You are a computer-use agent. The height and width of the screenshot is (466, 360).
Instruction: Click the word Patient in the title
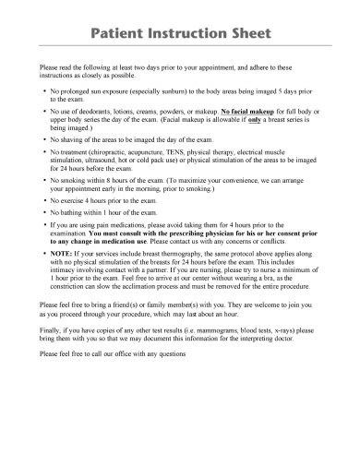click(x=122, y=34)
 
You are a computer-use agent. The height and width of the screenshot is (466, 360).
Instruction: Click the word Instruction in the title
click(x=190, y=34)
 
